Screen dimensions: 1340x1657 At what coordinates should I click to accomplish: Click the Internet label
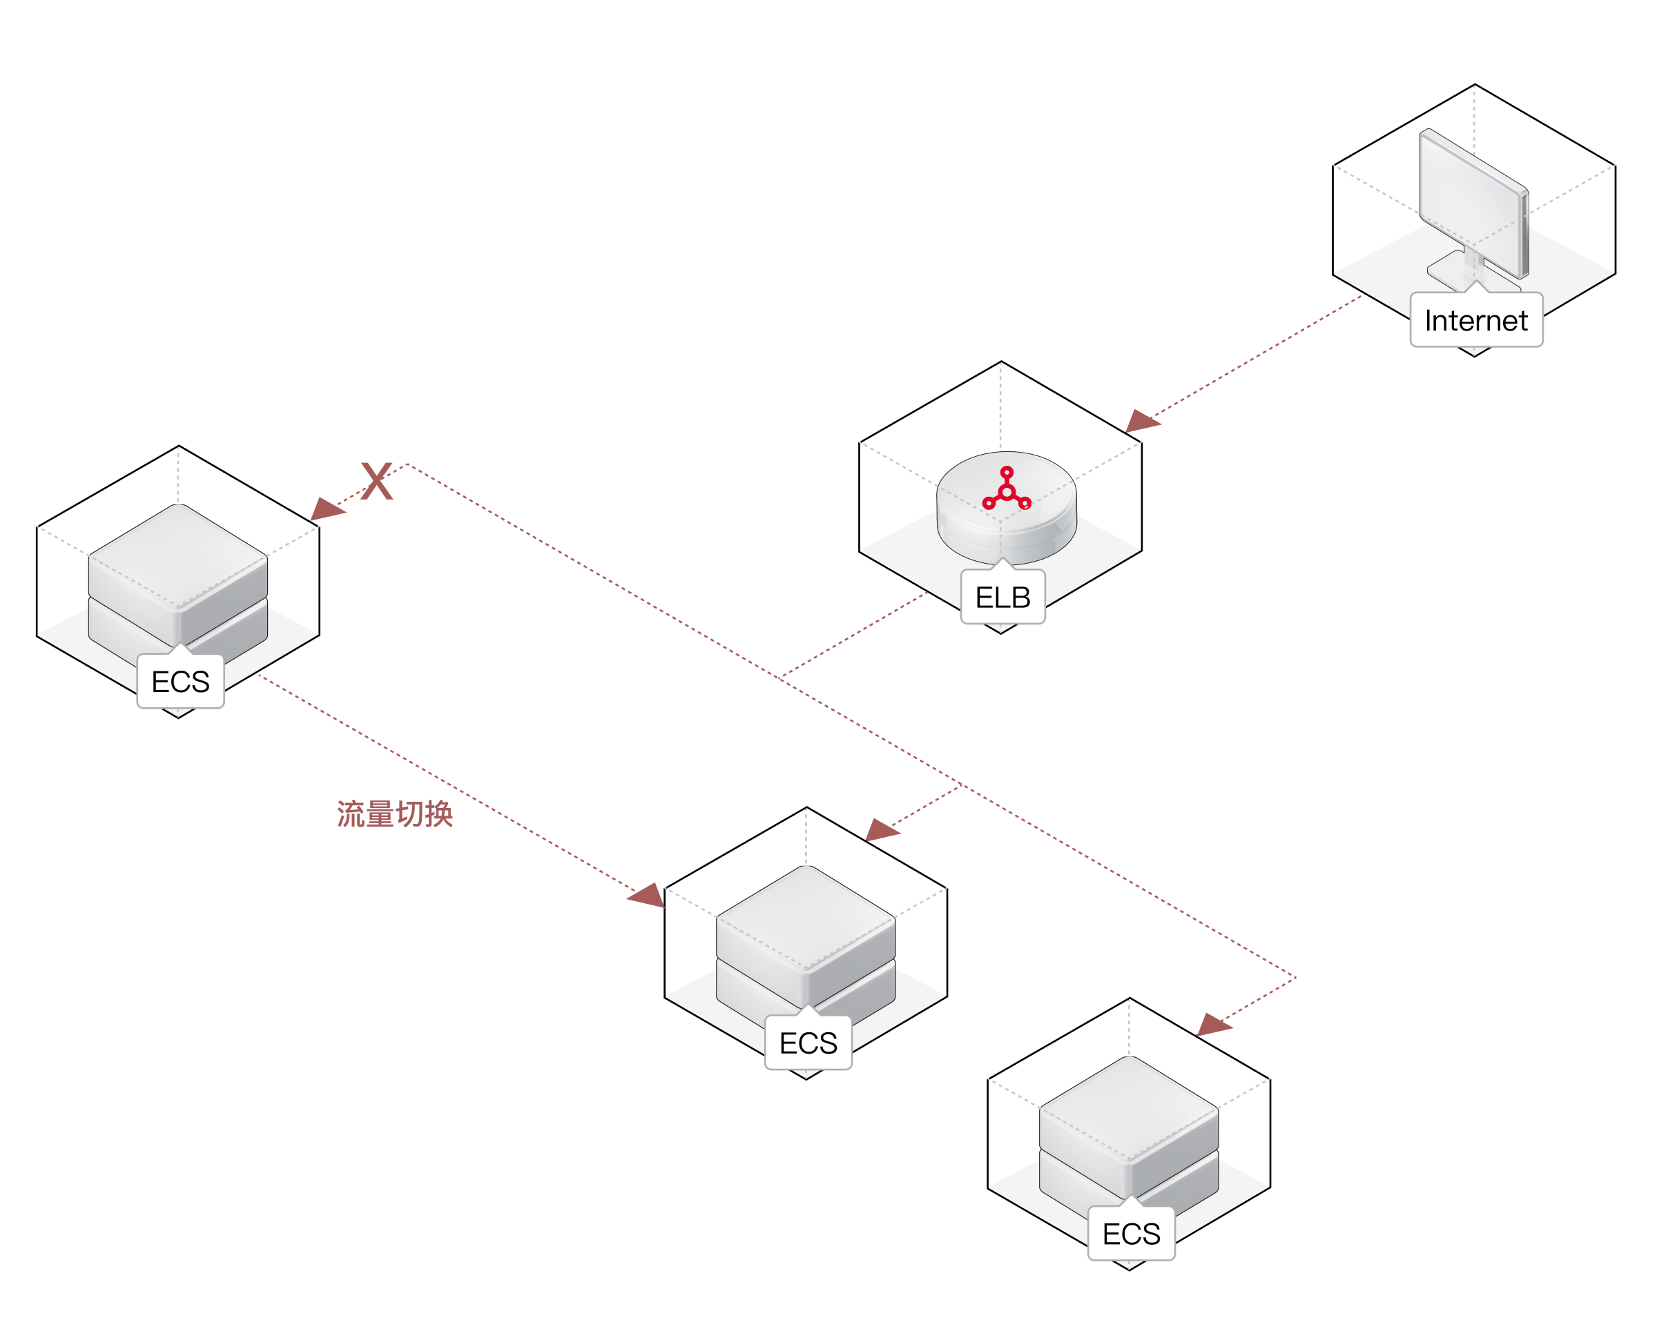pyautogui.click(x=1475, y=320)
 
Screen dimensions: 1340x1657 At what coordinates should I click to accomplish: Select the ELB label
pyautogui.click(x=1002, y=597)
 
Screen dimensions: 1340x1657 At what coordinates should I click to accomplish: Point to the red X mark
pyautogui.click(x=377, y=481)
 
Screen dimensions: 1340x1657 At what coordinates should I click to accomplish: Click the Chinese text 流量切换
pyautogui.click(x=394, y=814)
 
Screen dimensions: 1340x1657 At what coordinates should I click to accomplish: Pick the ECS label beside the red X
pyautogui.click(x=180, y=682)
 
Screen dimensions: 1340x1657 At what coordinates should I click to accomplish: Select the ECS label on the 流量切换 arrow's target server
pyautogui.click(x=808, y=1043)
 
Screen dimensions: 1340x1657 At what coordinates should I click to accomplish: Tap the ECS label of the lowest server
pyautogui.click(x=1130, y=1234)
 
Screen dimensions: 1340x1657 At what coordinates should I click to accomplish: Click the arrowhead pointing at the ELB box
pyautogui.click(x=1141, y=422)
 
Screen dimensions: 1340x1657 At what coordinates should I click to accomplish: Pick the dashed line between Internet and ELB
pyautogui.click(x=1259, y=356)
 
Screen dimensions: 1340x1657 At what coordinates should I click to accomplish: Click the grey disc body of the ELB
pyautogui.click(x=1006, y=533)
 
